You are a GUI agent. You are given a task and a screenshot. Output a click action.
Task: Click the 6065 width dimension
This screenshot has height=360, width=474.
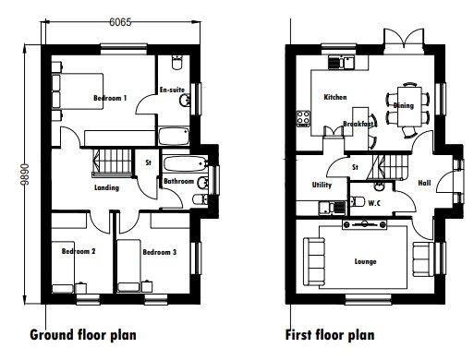tap(120, 22)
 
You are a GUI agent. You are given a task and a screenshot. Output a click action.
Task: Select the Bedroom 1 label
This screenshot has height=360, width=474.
tap(110, 98)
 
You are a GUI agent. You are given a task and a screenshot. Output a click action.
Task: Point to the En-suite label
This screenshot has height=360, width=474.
tap(172, 90)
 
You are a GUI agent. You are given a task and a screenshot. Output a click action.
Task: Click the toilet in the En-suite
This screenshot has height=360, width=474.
tap(176, 63)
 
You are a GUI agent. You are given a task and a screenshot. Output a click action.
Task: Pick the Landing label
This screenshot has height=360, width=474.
tap(106, 187)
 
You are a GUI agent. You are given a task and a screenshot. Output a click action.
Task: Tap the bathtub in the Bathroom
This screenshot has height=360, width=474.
tap(185, 164)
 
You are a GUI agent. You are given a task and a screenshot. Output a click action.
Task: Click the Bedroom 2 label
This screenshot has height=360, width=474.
tap(79, 251)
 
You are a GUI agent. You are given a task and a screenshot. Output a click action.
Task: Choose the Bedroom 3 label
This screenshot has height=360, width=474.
tap(160, 252)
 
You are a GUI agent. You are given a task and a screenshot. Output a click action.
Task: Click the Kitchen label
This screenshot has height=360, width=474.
tap(335, 97)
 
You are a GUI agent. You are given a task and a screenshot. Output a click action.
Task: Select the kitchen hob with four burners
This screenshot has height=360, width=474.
tap(303, 119)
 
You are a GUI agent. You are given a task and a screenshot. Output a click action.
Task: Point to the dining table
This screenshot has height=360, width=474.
tap(409, 106)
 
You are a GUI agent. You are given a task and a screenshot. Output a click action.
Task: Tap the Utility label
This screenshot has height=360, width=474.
tap(322, 185)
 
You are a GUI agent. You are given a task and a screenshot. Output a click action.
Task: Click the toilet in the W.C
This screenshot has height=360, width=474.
tap(358, 201)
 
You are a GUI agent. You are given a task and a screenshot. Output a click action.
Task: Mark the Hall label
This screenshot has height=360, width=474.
tap(424, 183)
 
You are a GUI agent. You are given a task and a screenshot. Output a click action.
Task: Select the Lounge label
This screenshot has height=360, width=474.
tap(365, 261)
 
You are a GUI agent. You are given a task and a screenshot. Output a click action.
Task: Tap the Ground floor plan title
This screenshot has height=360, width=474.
tap(83, 335)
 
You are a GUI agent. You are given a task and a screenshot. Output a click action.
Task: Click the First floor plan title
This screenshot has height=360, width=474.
tap(330, 335)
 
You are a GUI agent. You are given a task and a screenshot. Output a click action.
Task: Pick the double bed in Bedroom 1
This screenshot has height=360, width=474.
tap(77, 91)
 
